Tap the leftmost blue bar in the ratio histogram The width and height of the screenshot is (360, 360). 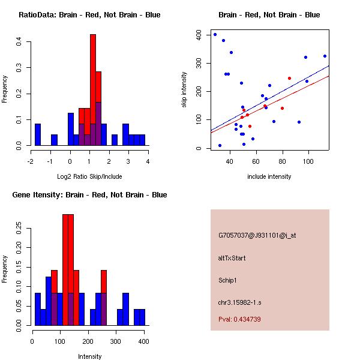(38, 134)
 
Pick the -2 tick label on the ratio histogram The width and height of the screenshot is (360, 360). (31, 161)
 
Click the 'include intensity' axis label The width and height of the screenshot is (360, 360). (269, 176)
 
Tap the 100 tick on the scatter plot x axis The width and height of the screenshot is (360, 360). (308, 161)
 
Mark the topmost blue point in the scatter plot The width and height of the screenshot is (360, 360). (215, 34)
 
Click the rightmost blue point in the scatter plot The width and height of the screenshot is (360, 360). (325, 56)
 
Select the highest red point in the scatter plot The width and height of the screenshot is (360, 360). (289, 78)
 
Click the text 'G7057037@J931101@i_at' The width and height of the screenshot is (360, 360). (257, 235)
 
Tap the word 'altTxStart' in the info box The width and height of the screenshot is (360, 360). (232, 258)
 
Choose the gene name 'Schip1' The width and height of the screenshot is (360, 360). (228, 280)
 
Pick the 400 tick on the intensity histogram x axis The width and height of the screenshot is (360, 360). (143, 341)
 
